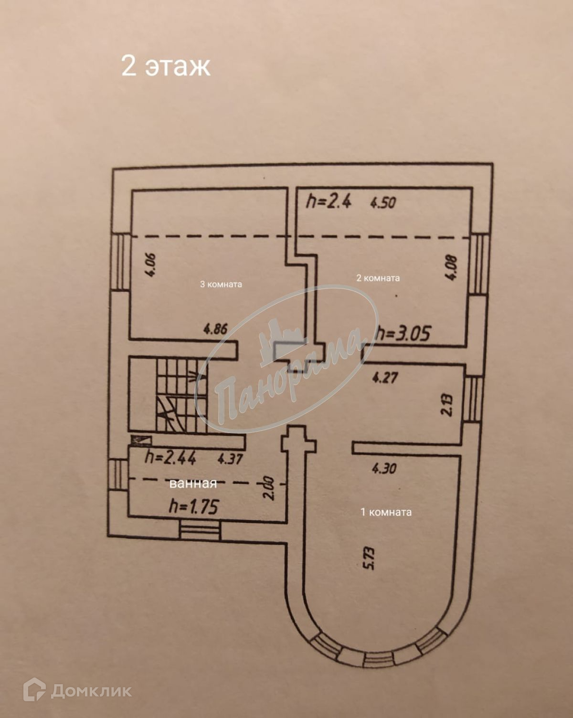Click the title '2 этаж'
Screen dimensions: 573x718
coord(166,66)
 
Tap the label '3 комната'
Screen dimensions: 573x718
coord(221,284)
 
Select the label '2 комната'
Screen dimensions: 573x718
coord(378,278)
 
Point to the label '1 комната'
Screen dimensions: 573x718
coord(386,512)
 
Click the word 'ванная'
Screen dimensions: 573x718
coord(193,484)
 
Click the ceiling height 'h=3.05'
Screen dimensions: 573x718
coord(403,333)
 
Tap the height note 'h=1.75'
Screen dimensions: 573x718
coord(194,507)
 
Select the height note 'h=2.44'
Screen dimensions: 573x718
coord(170,458)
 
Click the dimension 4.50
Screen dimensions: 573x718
coord(383,203)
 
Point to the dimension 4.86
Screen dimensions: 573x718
coord(215,329)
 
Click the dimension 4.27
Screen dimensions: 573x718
coord(385,378)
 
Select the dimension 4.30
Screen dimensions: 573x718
coord(384,468)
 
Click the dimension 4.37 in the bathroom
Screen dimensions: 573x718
coord(230,459)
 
